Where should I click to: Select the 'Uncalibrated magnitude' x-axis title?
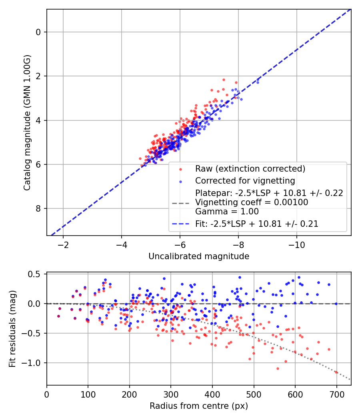point(199,256)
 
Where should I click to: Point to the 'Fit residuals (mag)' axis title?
point(12,328)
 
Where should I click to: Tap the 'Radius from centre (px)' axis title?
point(199,406)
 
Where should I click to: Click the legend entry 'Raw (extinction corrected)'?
point(250,169)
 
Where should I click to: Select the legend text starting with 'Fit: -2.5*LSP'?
point(257,224)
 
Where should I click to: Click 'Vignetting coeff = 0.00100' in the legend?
point(252,202)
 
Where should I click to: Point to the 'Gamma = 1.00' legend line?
point(227,212)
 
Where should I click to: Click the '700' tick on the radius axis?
point(336,394)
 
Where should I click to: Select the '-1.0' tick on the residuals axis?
point(34,363)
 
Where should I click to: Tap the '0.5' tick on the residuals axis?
point(36,274)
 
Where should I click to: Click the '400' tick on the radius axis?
point(212,394)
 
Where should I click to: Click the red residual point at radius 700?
point(336,372)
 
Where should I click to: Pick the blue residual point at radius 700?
point(336,304)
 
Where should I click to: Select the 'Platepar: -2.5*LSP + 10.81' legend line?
point(269,193)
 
